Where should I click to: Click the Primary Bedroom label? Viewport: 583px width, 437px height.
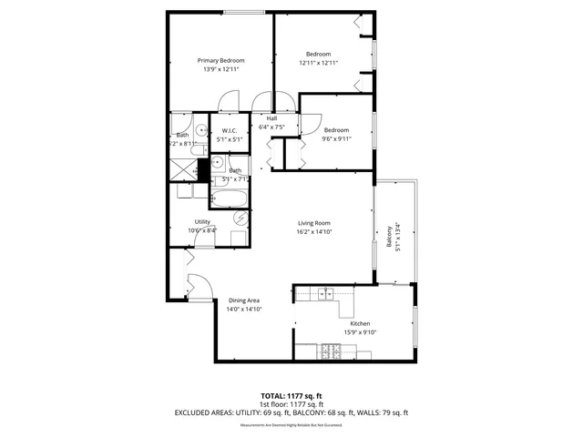pyautogui.click(x=221, y=60)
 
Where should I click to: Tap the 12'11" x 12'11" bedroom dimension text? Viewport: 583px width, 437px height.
pyautogui.click(x=318, y=63)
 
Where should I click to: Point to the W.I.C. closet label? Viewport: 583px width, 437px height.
pyautogui.click(x=229, y=131)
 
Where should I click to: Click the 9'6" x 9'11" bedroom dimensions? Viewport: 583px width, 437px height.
pyautogui.click(x=336, y=139)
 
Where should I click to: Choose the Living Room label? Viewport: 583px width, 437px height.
pyautogui.click(x=314, y=223)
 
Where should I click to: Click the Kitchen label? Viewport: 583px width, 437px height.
pyautogui.click(x=361, y=323)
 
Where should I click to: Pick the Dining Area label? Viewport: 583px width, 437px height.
pyautogui.click(x=244, y=300)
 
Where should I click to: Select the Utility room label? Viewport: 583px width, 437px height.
pyautogui.click(x=202, y=221)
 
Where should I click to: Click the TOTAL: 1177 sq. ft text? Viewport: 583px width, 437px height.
pyautogui.click(x=291, y=396)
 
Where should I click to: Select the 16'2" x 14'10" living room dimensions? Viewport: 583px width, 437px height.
pyautogui.click(x=314, y=232)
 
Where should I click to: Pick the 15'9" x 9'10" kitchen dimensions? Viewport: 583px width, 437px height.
pyautogui.click(x=361, y=332)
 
